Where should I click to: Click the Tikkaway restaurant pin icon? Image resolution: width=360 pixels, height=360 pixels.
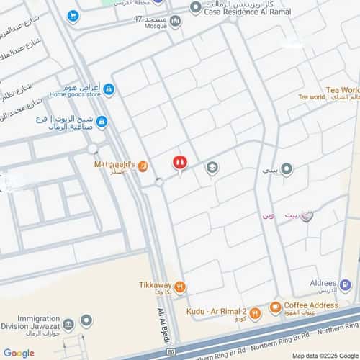pos(180,287)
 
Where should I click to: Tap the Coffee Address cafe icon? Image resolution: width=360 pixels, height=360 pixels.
pos(275,308)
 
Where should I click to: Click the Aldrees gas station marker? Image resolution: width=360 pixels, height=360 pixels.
pos(347,285)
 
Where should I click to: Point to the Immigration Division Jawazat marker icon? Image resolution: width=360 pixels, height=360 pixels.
pos(86,320)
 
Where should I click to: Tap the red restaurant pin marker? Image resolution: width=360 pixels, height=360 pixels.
pos(180,164)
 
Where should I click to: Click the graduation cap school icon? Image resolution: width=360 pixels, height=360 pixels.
pos(212,168)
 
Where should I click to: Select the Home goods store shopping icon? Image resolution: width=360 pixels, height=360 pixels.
pos(109,89)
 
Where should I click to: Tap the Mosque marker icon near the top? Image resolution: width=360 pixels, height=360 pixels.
pos(176,21)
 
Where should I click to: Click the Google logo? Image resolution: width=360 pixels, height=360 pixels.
pos(19,353)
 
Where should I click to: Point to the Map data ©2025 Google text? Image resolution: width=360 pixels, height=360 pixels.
pos(323,355)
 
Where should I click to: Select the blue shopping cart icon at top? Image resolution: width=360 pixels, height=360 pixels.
pos(73,15)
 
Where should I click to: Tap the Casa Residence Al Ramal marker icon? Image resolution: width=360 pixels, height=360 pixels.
pos(196,7)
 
